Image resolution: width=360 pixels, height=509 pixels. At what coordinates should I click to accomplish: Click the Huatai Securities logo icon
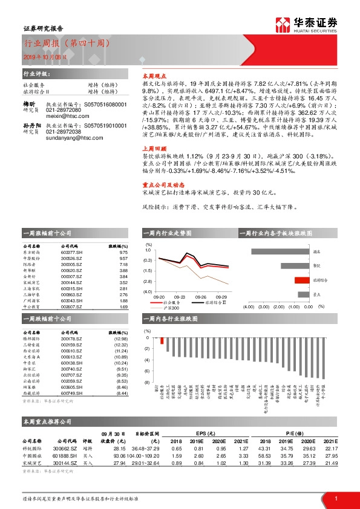click(282, 25)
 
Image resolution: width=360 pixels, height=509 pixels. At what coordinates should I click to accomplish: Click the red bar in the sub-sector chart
click(301, 280)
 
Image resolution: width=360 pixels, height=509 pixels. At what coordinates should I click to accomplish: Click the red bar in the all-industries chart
click(162, 340)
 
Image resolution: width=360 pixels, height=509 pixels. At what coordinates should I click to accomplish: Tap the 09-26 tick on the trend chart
click(201, 297)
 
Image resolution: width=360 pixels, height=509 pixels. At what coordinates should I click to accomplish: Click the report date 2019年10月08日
click(33, 56)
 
